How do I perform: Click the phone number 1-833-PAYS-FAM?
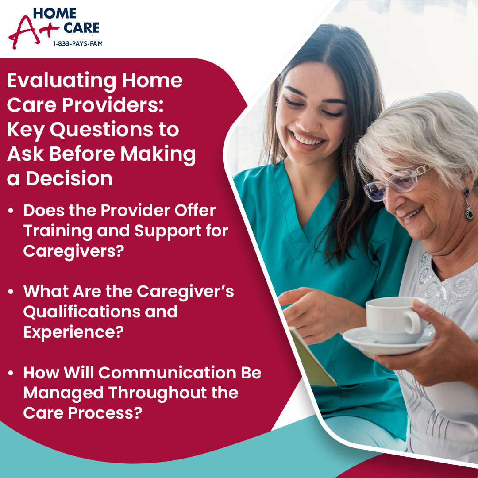[77, 43]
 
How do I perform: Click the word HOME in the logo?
[54, 13]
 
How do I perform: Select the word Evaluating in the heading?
[62, 81]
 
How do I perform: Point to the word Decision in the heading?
[69, 179]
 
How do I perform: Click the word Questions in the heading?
[101, 130]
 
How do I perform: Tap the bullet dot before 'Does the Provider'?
[11, 211]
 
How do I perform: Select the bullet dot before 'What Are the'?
[11, 292]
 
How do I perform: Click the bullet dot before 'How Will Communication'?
[11, 373]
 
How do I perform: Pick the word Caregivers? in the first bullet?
[74, 251]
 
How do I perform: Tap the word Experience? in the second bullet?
[73, 332]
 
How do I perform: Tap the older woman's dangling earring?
[469, 204]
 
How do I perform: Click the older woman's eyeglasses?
[396, 184]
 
